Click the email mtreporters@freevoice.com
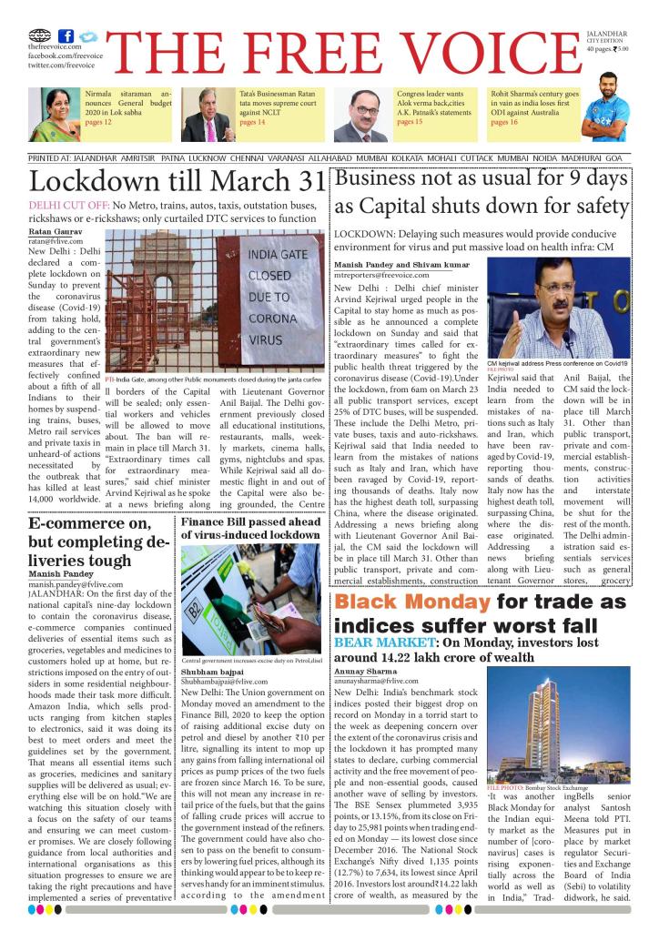click(387, 274)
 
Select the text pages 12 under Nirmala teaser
click(98, 121)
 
